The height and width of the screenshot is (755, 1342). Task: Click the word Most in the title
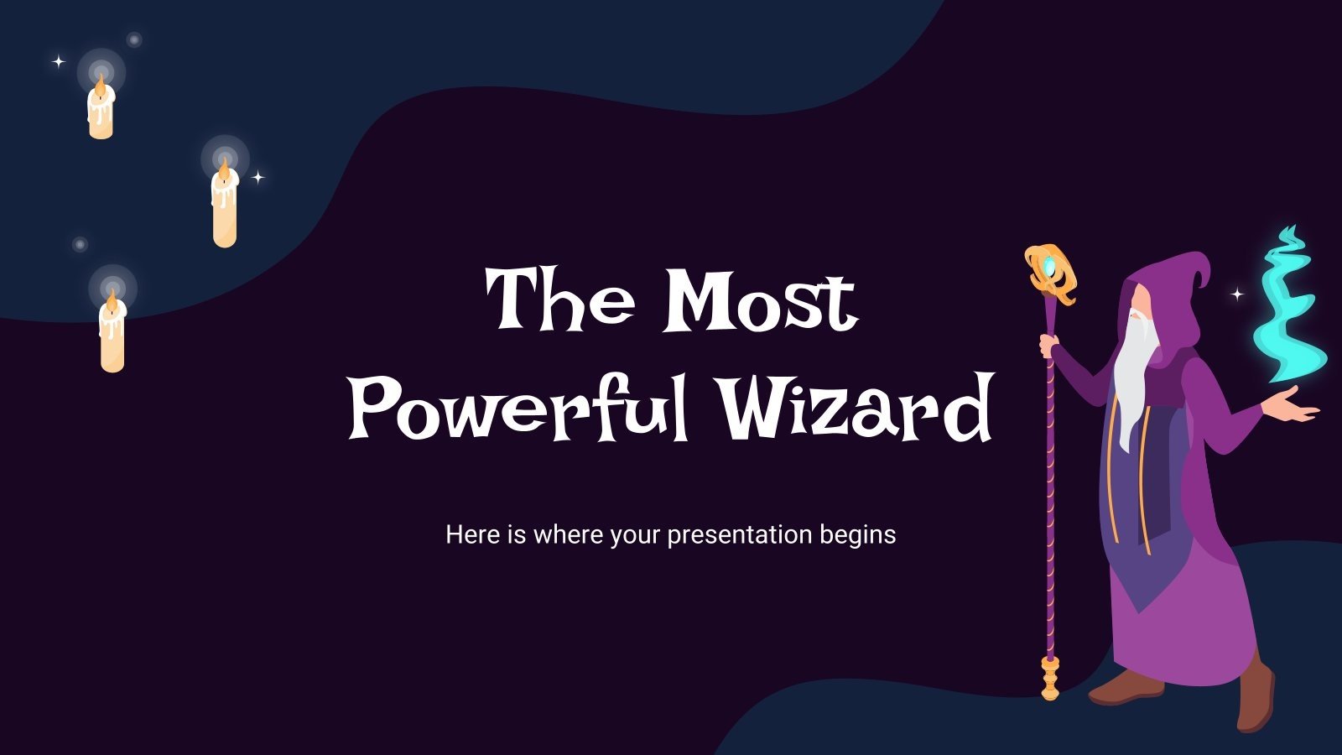click(760, 300)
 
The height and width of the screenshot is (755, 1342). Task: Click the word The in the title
click(560, 300)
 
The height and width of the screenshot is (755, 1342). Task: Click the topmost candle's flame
click(101, 83)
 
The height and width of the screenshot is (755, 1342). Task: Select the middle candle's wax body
click(224, 214)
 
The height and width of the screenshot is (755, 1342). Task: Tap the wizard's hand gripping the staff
click(1049, 344)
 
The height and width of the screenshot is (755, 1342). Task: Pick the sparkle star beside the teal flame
click(1237, 294)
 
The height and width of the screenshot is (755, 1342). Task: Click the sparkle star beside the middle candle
click(258, 177)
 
